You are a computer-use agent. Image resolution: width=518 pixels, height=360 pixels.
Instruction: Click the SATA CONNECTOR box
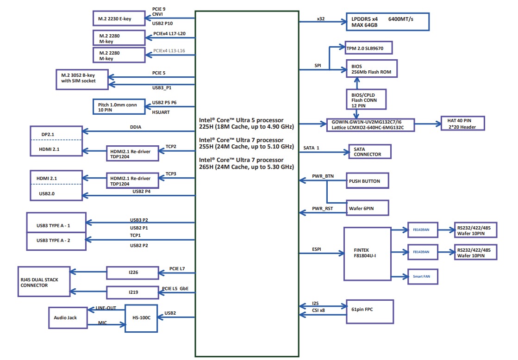tap(369, 151)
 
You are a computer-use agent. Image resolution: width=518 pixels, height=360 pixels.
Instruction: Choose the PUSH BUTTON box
tap(367, 181)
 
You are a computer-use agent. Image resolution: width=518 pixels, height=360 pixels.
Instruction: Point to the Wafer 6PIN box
tap(367, 209)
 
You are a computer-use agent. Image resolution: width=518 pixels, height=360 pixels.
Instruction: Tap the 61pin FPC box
tap(370, 310)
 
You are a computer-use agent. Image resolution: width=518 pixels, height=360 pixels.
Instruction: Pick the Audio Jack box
tap(68, 317)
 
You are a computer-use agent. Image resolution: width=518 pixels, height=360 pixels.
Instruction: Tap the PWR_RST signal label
tap(322, 209)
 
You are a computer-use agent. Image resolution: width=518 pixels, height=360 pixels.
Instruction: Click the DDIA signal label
tap(136, 127)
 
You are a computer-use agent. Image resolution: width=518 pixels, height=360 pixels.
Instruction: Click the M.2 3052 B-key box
tap(81, 77)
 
